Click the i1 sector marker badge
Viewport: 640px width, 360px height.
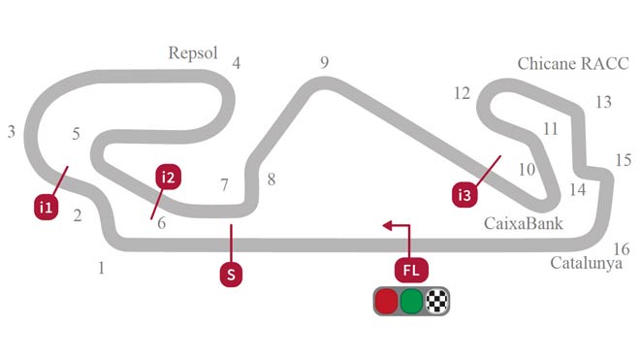[45, 207]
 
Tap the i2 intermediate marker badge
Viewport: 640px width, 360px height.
[169, 177]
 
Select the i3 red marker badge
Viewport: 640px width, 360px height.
[466, 195]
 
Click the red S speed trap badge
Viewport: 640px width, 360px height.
[231, 274]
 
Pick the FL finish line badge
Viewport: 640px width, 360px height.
[410, 269]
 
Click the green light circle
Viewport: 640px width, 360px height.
[412, 302]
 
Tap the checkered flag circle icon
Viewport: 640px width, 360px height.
[437, 302]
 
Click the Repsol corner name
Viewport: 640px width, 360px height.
[193, 52]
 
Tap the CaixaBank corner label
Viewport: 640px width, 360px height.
[524, 224]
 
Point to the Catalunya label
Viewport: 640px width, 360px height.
[586, 263]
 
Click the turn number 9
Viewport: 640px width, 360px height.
[325, 63]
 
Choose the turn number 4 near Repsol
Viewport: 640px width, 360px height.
[236, 65]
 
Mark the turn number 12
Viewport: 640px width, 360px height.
[462, 93]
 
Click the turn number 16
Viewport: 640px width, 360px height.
[622, 248]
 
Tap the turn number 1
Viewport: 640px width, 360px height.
[101, 268]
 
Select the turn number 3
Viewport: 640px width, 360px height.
[11, 131]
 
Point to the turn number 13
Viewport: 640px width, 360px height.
[603, 102]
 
